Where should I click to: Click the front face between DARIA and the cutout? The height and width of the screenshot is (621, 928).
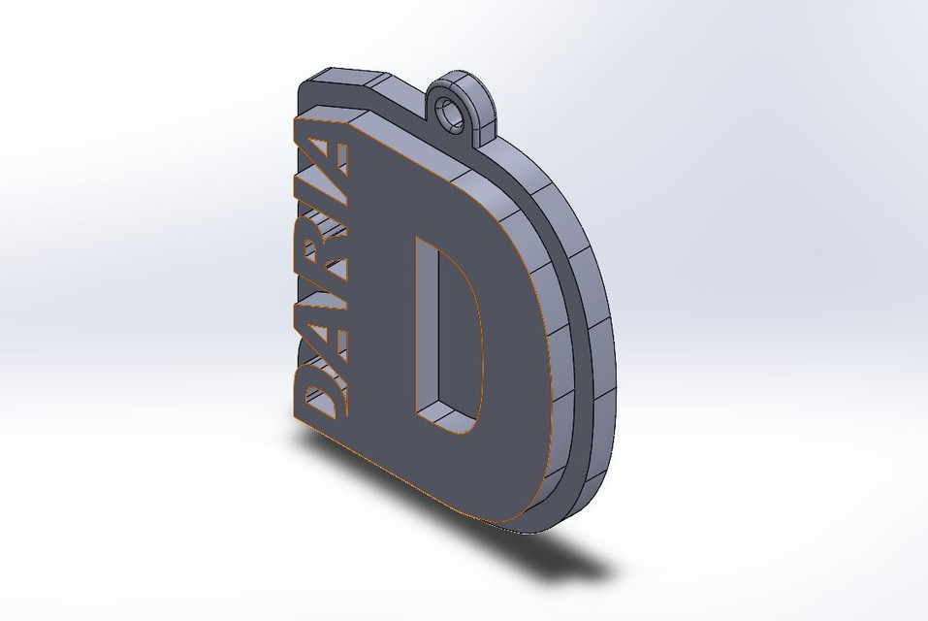pyautogui.click(x=378, y=310)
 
